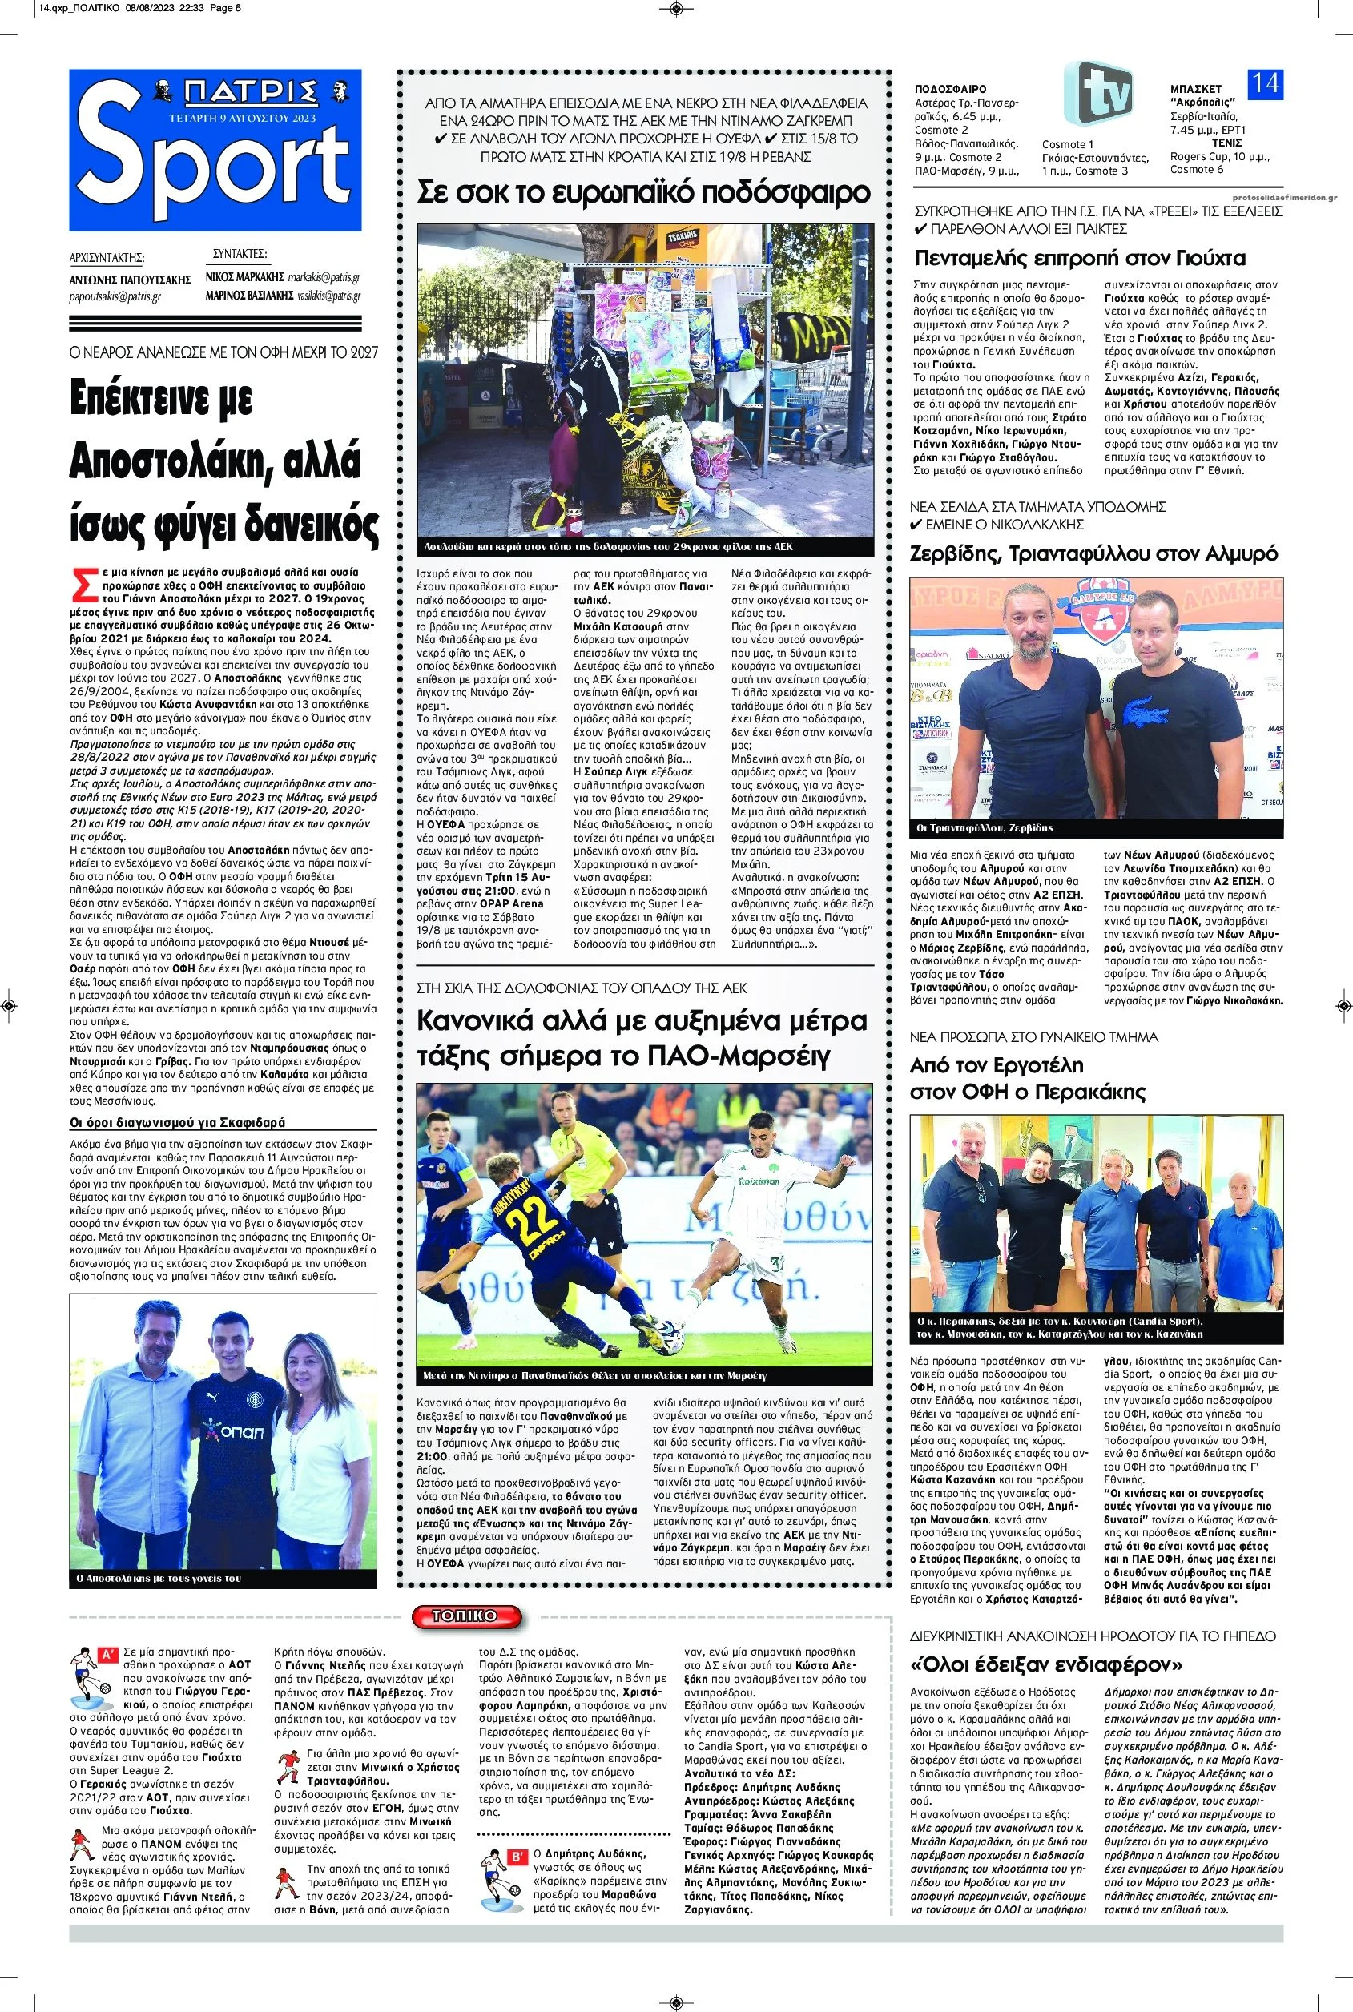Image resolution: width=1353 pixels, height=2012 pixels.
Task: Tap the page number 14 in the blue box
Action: coord(1265,83)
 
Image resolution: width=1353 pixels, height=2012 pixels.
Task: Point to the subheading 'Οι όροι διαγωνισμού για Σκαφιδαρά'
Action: coord(177,1123)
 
